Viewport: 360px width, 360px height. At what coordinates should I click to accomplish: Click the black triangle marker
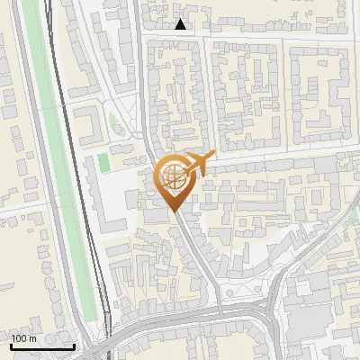181,24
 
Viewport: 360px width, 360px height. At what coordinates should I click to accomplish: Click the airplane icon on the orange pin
197,163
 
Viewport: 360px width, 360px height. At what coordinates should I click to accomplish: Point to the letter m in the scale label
33,339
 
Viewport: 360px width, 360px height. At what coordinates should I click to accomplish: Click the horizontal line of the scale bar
41,346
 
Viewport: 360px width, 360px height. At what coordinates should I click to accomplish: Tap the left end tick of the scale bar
10,345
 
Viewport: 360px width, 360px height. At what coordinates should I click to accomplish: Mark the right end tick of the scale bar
74,345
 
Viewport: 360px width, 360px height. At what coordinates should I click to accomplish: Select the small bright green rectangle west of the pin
103,163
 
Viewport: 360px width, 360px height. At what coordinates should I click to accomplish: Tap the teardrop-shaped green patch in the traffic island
113,121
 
